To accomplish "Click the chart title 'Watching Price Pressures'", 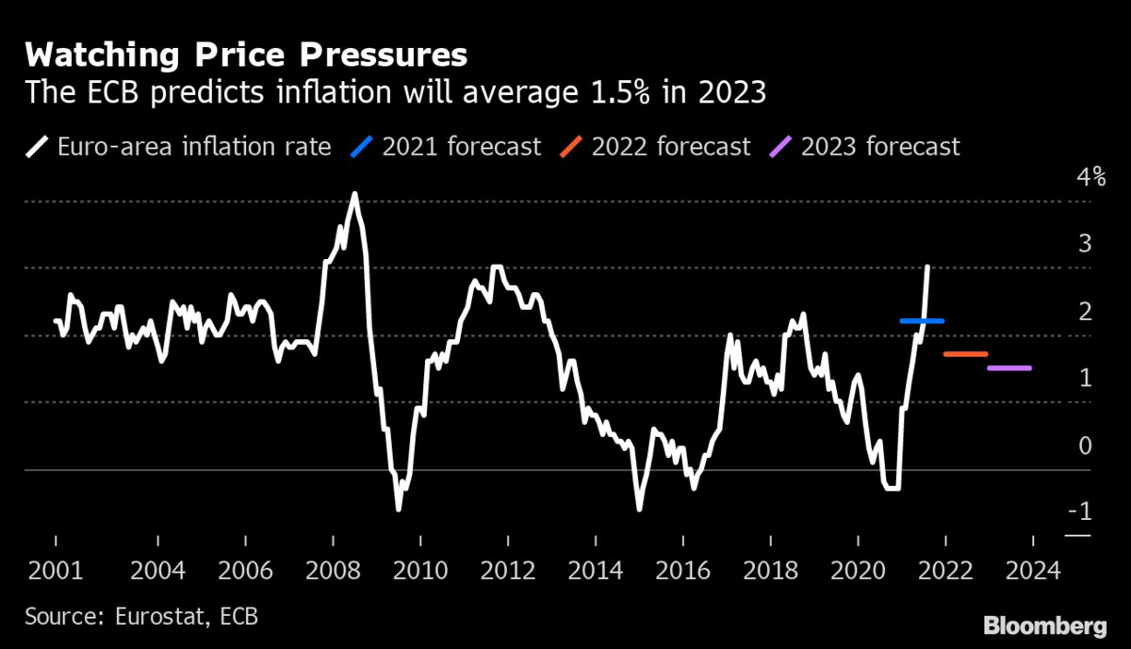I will pos(246,56).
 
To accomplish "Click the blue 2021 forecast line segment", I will pos(921,321).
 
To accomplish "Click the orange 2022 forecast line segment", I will pos(965,354).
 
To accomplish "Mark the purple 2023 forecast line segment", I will pos(1009,368).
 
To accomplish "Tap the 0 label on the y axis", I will pos(1085,446).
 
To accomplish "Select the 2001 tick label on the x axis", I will pos(55,571).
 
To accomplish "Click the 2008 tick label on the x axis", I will pos(333,571).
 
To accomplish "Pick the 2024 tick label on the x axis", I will pos(1034,571).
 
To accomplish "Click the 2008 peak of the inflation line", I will pos(354,194).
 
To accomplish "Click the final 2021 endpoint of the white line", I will pos(928,268).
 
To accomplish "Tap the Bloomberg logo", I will pos(1044,626).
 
